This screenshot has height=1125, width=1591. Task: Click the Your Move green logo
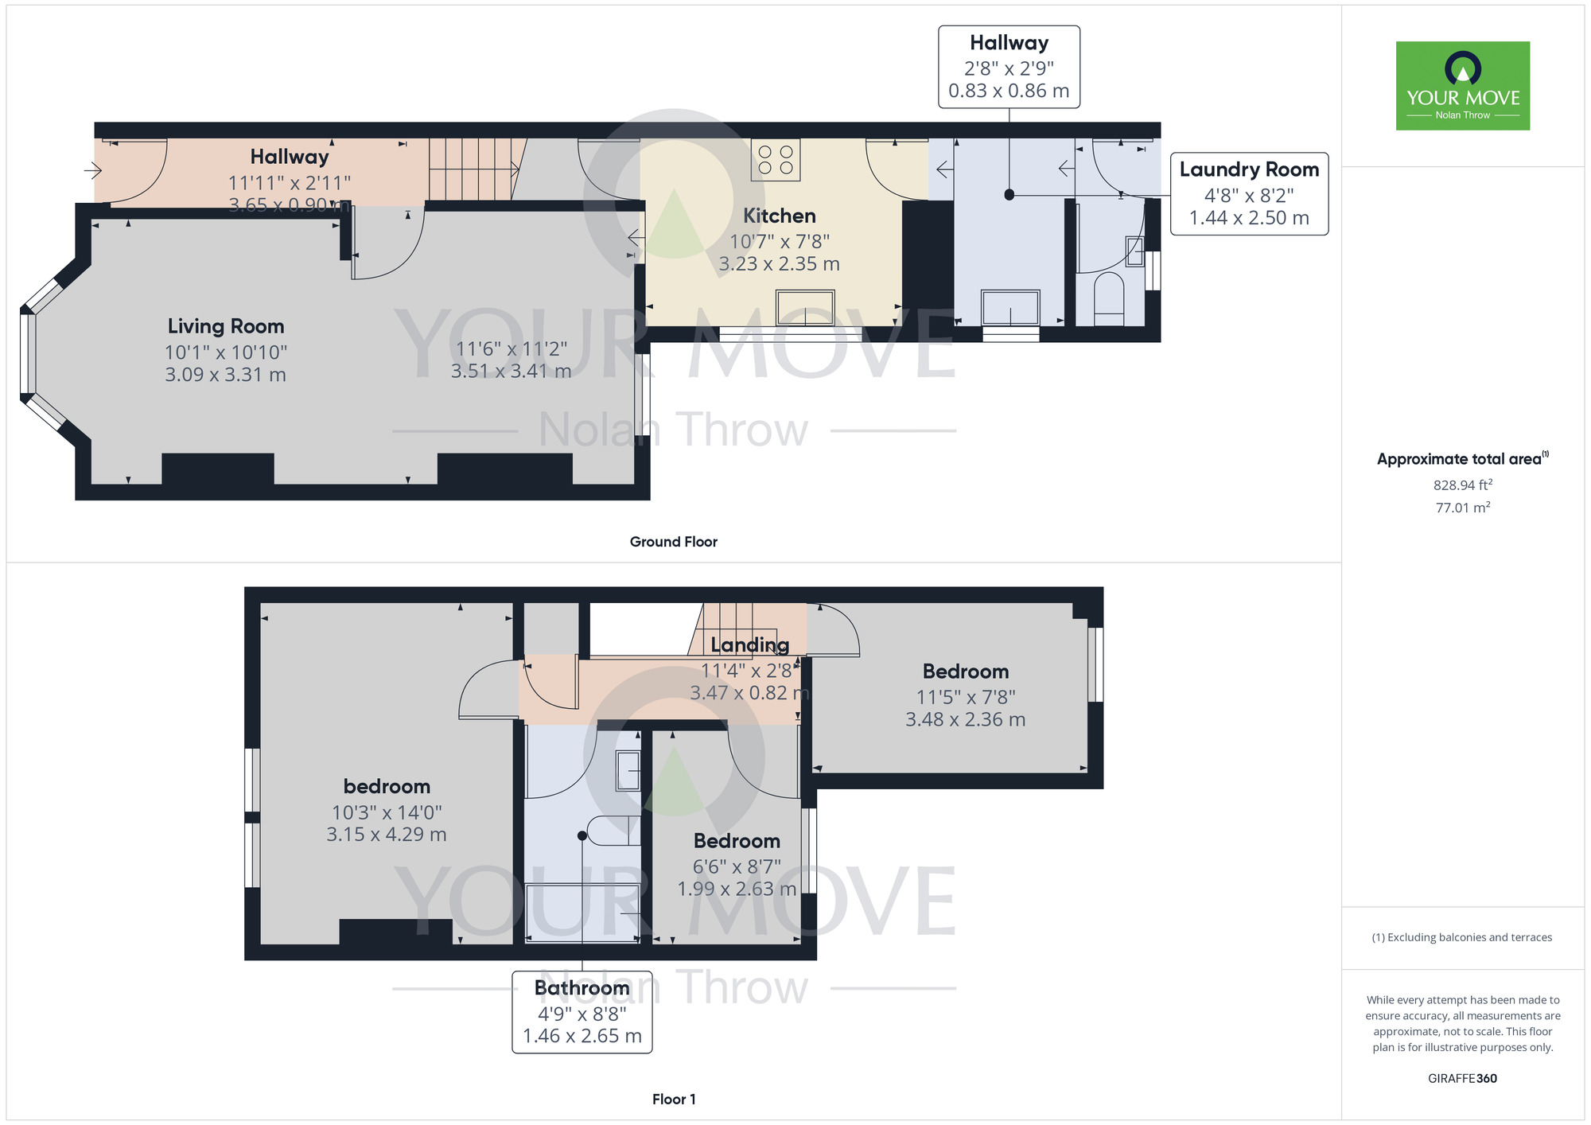[x=1463, y=86]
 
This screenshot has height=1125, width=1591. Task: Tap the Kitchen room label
[x=780, y=216]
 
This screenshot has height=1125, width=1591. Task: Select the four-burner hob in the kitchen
[x=776, y=159]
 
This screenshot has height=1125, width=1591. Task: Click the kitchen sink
[x=806, y=308]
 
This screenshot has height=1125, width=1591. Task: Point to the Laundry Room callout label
[x=1250, y=194]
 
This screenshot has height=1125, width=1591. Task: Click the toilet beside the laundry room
[x=1109, y=298]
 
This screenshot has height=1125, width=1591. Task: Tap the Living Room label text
[x=226, y=326]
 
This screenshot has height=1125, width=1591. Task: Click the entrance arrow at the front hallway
[x=93, y=170]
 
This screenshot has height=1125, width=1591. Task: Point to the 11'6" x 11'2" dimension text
[x=512, y=348]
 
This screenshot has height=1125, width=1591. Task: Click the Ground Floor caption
[x=674, y=542]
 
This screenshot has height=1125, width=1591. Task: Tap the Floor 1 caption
[x=674, y=1100]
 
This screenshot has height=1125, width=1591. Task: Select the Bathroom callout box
[x=582, y=1012]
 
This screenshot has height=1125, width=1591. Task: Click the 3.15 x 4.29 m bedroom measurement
[x=387, y=835]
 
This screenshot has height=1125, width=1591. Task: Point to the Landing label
[x=750, y=645]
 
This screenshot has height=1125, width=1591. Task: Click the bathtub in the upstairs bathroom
[x=583, y=913]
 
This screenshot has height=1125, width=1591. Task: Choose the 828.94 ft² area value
[x=1463, y=485]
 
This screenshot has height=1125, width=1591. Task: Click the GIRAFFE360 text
[x=1462, y=1079]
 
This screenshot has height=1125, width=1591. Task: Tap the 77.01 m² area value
[x=1463, y=508]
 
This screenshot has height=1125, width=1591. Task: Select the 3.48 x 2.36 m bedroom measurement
[x=966, y=719]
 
